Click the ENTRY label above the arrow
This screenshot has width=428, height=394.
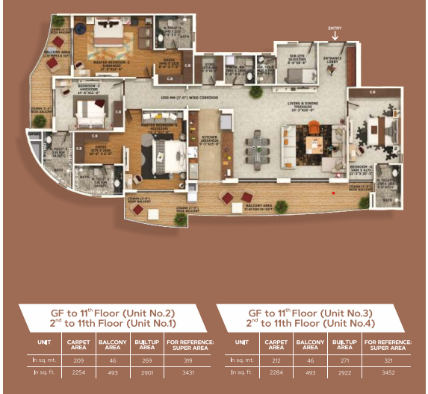335,28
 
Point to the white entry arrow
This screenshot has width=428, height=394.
335,35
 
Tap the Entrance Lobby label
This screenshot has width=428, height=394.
332,60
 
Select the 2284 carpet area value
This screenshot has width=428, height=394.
276,371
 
